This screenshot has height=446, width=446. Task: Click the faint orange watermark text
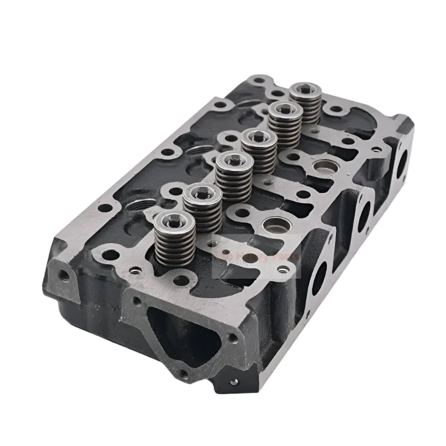[x=256, y=258]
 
